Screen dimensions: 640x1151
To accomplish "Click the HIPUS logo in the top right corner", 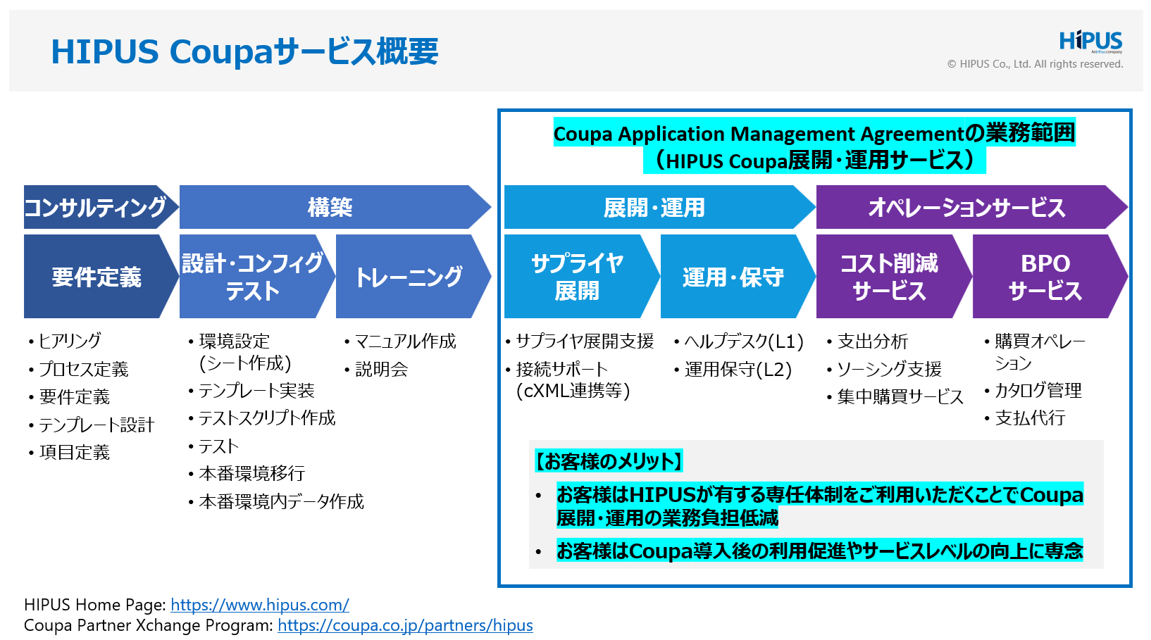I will pyautogui.click(x=1090, y=41).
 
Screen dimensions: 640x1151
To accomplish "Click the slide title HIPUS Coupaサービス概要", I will pyautogui.click(x=244, y=51).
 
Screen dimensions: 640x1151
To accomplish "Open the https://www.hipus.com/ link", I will pyautogui.click(x=259, y=605).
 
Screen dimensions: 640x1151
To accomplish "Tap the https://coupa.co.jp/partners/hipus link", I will pyautogui.click(x=405, y=625).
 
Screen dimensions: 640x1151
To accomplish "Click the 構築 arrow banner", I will pyautogui.click(x=330, y=207).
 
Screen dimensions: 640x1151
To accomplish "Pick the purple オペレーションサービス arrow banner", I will pyautogui.click(x=966, y=207).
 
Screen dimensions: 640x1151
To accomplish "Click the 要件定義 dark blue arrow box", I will pyautogui.click(x=96, y=277).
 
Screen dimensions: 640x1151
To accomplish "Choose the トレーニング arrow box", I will pyautogui.click(x=409, y=277).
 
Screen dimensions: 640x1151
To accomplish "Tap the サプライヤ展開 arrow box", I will pyautogui.click(x=577, y=277).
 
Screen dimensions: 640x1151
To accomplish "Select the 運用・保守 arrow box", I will pyautogui.click(x=733, y=277).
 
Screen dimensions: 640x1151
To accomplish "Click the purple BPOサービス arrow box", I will pyautogui.click(x=1045, y=277).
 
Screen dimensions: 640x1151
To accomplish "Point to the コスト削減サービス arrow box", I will pyautogui.click(x=888, y=277).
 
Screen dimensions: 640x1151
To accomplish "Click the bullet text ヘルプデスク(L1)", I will pyautogui.click(x=743, y=341).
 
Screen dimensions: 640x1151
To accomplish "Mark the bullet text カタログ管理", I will pyautogui.click(x=1038, y=390).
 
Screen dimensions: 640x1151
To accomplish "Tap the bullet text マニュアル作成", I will pyautogui.click(x=405, y=341).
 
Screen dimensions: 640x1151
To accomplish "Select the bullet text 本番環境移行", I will pyautogui.click(x=251, y=473).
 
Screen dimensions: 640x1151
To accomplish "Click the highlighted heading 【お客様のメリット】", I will pyautogui.click(x=609, y=461).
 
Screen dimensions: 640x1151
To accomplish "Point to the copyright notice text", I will pyautogui.click(x=1035, y=64).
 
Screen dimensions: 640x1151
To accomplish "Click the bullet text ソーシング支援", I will pyautogui.click(x=889, y=369).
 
